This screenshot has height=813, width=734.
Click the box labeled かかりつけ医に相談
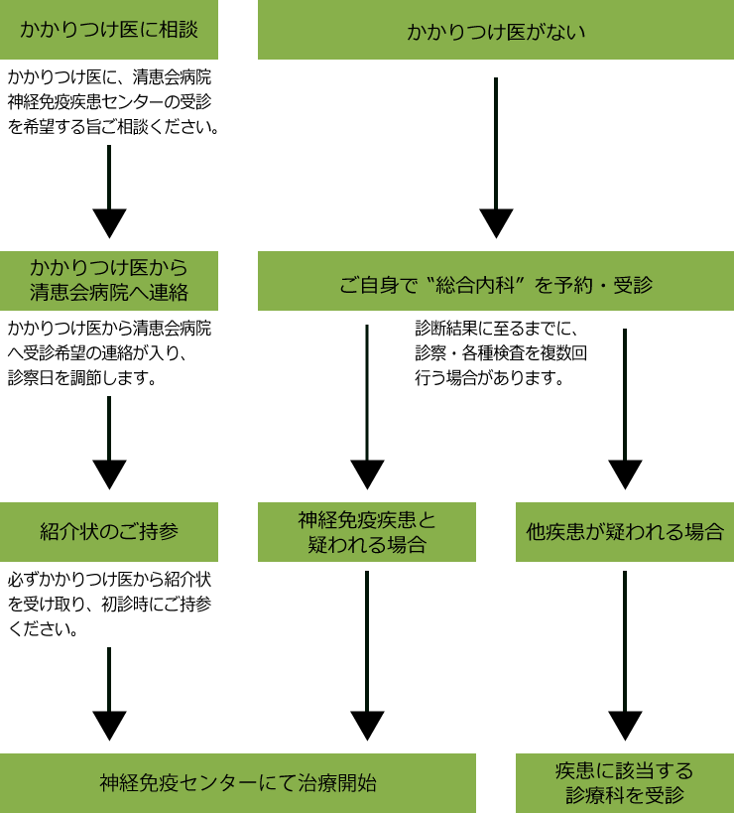click(109, 30)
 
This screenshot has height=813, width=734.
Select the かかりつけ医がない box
click(496, 31)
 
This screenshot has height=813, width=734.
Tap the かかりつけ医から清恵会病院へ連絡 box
click(109, 281)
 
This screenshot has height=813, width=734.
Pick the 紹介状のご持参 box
click(109, 532)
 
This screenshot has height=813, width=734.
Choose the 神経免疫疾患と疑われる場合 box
click(367, 532)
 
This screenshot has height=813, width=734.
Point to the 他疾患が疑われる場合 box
click(625, 532)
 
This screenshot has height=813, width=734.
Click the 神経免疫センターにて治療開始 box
click(238, 782)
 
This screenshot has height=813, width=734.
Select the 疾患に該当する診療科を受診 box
click(625, 782)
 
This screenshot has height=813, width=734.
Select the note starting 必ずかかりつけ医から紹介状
click(109, 604)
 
